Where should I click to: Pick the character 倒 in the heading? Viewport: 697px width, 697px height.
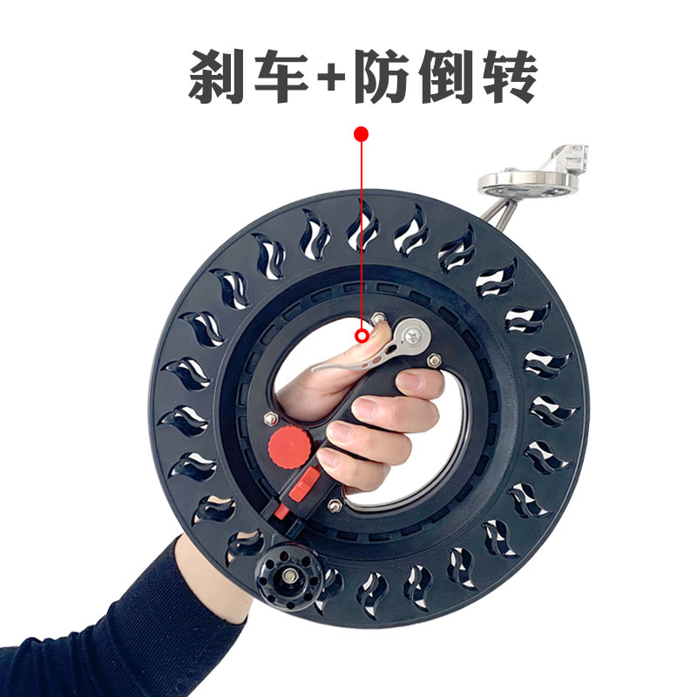450,76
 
